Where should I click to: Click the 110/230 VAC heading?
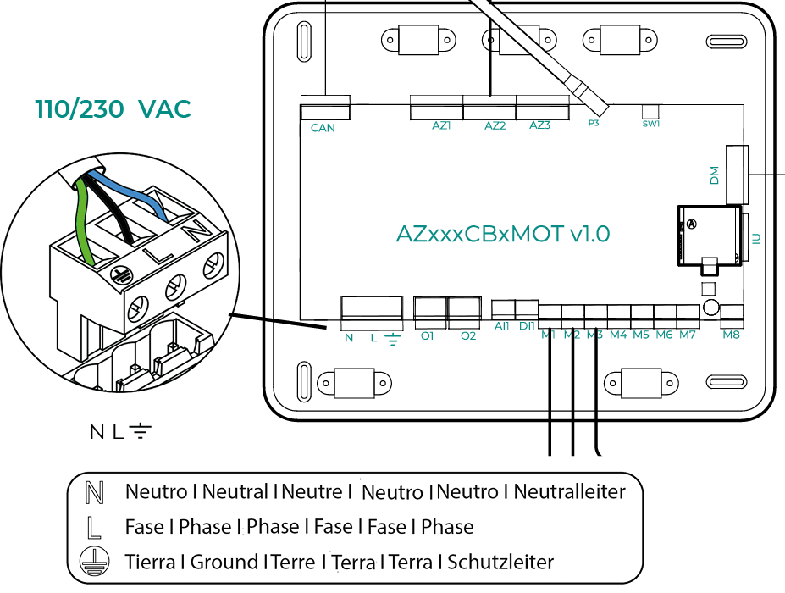click(x=113, y=109)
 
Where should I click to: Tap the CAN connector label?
click(x=323, y=128)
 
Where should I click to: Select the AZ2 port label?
click(x=495, y=125)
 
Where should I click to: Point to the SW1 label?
click(x=650, y=123)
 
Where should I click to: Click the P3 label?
click(x=594, y=123)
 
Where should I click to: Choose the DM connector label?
click(x=714, y=175)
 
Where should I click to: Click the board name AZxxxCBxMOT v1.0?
click(x=503, y=234)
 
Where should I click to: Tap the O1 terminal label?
click(x=427, y=335)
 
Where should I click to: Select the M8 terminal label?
click(x=732, y=335)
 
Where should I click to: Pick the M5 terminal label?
click(x=641, y=335)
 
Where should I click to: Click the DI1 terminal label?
click(x=526, y=324)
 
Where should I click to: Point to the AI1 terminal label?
click(x=502, y=324)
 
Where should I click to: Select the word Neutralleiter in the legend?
click(x=570, y=491)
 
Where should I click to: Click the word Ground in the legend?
click(x=224, y=562)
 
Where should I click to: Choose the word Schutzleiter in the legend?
click(x=500, y=562)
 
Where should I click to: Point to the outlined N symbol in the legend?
click(x=95, y=491)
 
